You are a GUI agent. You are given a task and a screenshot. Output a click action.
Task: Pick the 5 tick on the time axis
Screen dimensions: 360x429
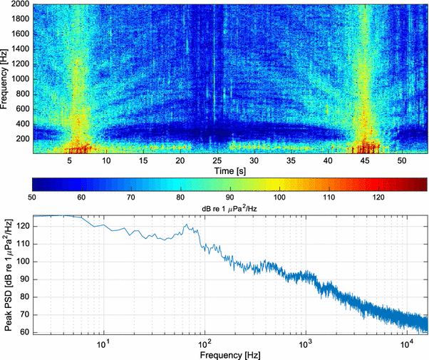pos(70,161)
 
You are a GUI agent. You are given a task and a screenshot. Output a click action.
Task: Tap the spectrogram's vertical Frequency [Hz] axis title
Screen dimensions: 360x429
pos(5,78)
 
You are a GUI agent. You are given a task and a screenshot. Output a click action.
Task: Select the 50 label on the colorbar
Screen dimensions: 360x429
pos(32,196)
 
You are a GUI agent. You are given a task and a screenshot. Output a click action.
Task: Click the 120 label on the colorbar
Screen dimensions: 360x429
pos(380,196)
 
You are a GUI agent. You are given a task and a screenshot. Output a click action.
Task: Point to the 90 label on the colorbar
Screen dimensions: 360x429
pos(231,196)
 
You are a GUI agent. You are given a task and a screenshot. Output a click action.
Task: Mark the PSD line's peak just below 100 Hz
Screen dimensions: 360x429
pos(186,225)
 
